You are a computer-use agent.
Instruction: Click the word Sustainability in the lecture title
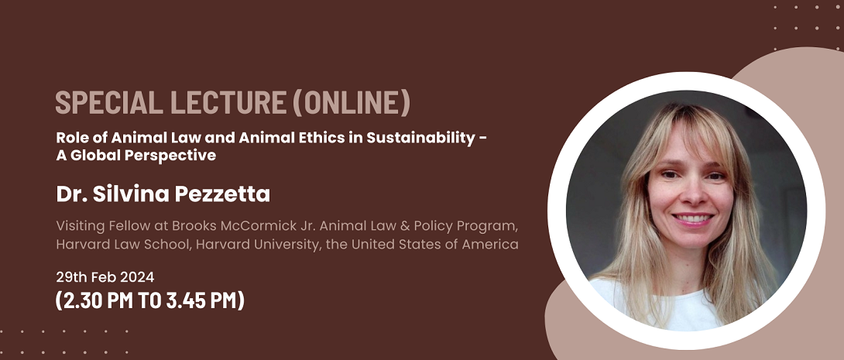pos(421,138)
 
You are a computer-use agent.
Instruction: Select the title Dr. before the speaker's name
pos(72,194)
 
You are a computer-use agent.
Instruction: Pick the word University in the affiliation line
pos(298,245)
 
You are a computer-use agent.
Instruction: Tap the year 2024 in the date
pos(137,278)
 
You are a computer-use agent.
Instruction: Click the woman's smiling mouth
pos(693,219)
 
